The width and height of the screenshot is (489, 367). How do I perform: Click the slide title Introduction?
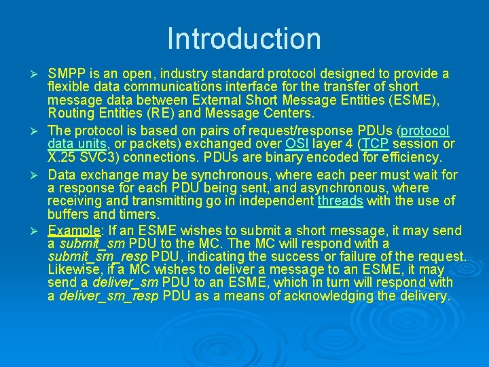pyautogui.click(x=244, y=39)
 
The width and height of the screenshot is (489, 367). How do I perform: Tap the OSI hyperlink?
pyautogui.click(x=297, y=144)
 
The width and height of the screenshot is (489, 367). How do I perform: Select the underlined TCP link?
pyautogui.click(x=375, y=144)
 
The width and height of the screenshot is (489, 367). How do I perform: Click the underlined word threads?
pyautogui.click(x=340, y=201)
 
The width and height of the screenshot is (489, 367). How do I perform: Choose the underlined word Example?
pyautogui.click(x=73, y=230)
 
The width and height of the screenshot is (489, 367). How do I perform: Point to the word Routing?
pyautogui.click(x=71, y=113)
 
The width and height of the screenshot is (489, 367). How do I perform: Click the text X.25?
pyautogui.click(x=62, y=158)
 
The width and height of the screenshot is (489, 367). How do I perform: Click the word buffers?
pyautogui.click(x=68, y=215)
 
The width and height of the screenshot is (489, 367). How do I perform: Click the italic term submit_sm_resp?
pyautogui.click(x=98, y=257)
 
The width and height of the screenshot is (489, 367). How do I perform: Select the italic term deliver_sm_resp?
pyautogui.click(x=109, y=296)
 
